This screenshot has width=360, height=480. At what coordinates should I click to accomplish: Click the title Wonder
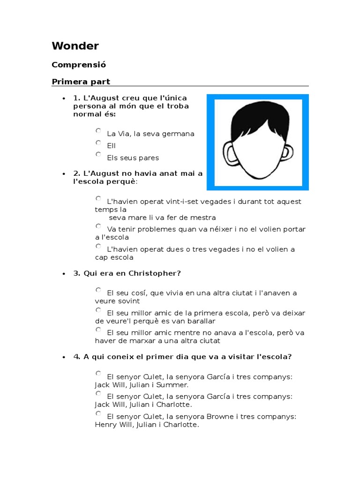click(75, 46)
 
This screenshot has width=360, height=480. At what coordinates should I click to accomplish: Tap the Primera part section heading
click(81, 82)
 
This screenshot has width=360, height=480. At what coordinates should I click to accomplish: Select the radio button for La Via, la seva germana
click(98, 131)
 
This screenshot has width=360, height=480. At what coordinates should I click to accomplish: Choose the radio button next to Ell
click(98, 143)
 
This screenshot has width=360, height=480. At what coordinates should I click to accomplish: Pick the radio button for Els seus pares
click(98, 155)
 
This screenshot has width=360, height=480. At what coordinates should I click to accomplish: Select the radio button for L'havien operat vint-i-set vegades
click(98, 199)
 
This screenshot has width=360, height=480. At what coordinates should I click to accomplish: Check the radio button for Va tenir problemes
click(98, 226)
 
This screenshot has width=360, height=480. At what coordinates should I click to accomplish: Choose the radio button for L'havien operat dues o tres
click(98, 247)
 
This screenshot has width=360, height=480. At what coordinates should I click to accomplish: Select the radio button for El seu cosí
click(98, 290)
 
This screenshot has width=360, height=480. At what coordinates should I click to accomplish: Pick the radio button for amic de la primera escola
click(98, 310)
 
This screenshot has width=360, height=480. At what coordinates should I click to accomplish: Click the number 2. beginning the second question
click(77, 173)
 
